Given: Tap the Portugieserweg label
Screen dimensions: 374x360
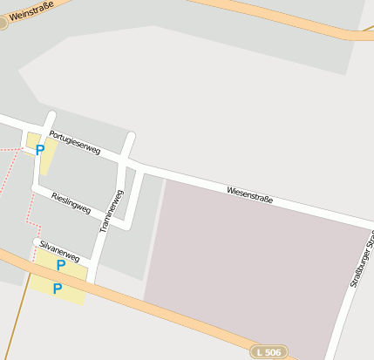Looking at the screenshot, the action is (x=74, y=142).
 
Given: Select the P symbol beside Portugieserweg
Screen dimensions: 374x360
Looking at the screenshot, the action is (x=40, y=150).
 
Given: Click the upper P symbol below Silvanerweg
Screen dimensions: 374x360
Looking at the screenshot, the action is (x=61, y=265).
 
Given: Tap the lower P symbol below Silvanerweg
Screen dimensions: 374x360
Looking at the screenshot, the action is (x=58, y=289).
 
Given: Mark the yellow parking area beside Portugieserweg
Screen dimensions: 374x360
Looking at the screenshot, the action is (x=45, y=161).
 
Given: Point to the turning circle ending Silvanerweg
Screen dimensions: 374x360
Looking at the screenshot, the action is (x=37, y=241).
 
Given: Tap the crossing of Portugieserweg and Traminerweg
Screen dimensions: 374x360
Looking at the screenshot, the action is (x=127, y=161).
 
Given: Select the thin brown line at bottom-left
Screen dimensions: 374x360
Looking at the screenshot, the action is (x=12, y=323).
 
